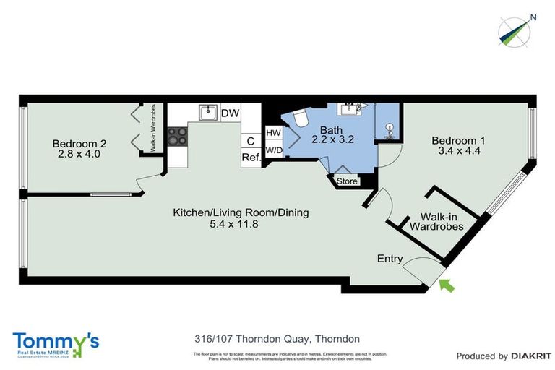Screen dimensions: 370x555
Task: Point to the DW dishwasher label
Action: coord(230,113)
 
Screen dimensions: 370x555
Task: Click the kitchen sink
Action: coord(209,112)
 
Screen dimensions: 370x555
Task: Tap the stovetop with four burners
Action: coord(178,136)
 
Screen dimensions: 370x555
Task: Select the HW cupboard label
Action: coord(273,134)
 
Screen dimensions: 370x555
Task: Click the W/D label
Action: coord(273,150)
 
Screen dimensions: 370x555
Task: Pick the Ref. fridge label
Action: coord(251,158)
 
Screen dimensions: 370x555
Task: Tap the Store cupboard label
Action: coord(347,181)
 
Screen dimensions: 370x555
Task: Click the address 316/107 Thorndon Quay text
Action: coord(277,338)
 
